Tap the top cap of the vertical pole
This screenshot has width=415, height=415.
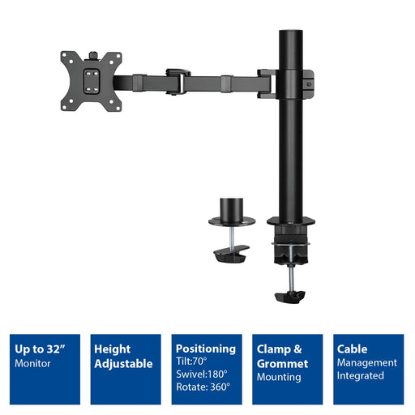(291, 34)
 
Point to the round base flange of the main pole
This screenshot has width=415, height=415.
(291, 220)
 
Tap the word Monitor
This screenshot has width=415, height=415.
(33, 363)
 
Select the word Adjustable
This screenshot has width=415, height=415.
(123, 364)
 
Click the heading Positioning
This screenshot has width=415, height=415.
(205, 349)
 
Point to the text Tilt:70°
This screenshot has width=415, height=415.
(192, 362)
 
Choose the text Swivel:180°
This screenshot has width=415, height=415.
(201, 376)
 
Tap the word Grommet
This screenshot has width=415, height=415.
(283, 364)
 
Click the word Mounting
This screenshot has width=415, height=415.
(280, 377)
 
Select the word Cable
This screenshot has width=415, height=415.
(353, 349)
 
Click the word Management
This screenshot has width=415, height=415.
(367, 362)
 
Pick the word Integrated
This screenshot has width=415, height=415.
(362, 376)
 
